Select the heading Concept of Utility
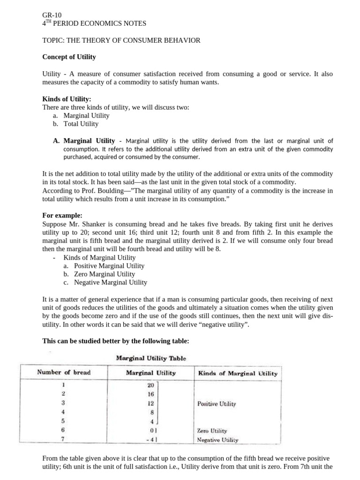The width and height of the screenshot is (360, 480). [69, 57]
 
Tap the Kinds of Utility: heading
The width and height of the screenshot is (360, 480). [67, 99]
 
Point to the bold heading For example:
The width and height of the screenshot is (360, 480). [62, 215]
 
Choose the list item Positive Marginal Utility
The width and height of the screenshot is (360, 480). [109, 266]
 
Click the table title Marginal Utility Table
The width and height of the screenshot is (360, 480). [151, 358]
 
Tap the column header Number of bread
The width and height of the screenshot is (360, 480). [64, 373]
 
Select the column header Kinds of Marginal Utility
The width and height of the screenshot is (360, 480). [238, 374]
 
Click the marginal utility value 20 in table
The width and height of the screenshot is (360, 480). [150, 385]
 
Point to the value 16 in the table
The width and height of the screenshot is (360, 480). [150, 394]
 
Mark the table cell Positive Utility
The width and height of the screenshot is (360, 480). [217, 404]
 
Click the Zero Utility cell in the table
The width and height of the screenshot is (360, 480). [212, 430]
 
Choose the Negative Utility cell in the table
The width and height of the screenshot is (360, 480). [217, 440]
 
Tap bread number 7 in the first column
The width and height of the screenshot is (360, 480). [63, 439]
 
